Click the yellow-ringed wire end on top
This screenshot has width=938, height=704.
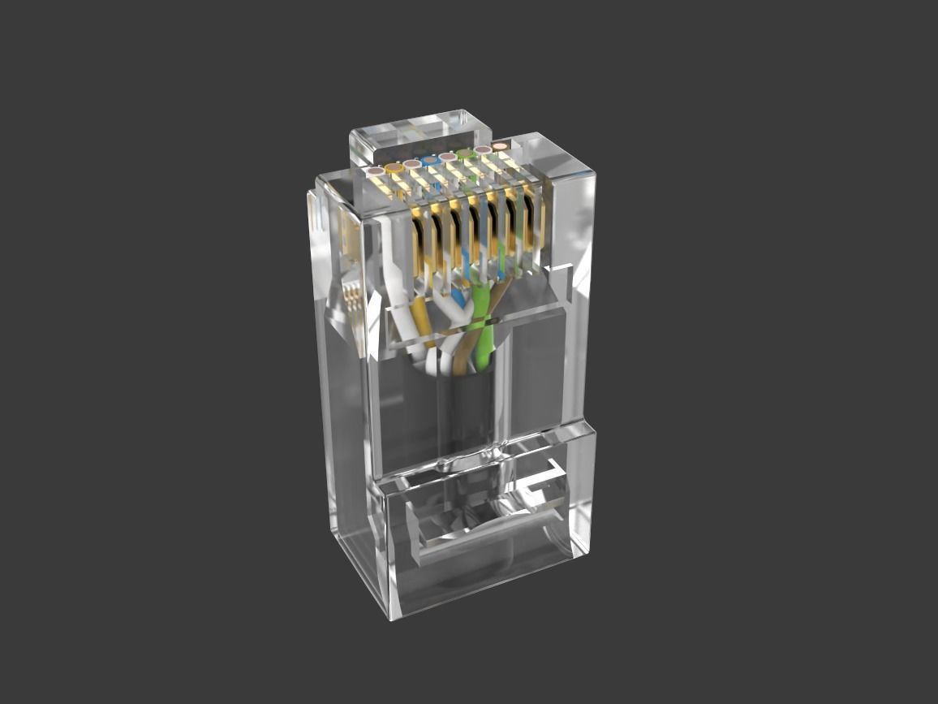(394, 168)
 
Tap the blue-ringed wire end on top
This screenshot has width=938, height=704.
(429, 161)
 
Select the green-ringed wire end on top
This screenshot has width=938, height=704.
(465, 153)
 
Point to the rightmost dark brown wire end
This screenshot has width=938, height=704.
(501, 146)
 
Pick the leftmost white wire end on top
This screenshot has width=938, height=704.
(375, 172)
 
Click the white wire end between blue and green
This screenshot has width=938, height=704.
(447, 157)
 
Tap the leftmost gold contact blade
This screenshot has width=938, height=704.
(419, 240)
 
